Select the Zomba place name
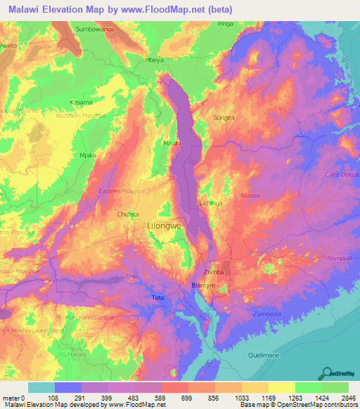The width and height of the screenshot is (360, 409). point(213,271)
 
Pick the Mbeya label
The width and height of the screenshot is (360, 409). point(155,60)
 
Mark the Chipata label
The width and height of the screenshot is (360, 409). point(127,214)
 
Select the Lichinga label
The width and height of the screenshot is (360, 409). point(211,203)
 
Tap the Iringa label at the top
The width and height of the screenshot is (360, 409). point(225,24)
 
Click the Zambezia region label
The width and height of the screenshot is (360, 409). point(267,313)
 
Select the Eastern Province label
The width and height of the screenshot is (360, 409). point(122,190)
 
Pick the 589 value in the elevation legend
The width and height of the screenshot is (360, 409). point(160,397)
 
